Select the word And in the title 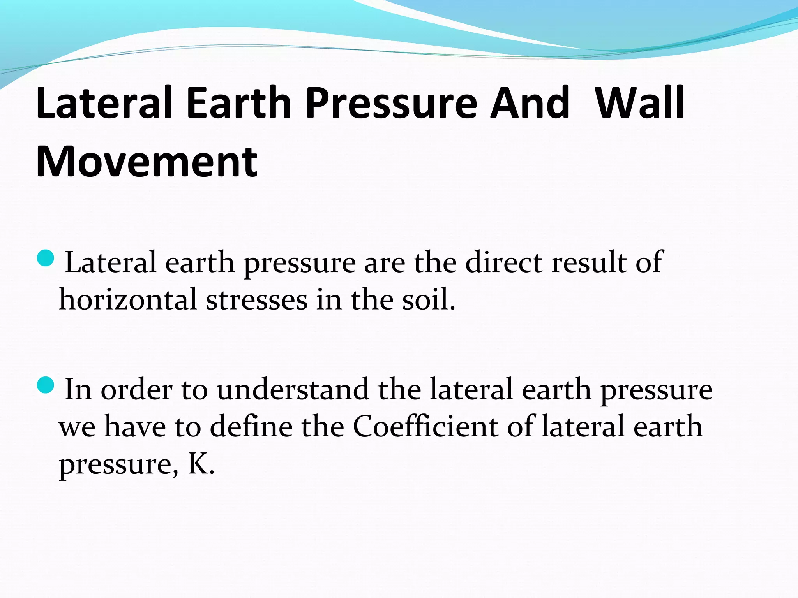530,103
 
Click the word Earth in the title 239,103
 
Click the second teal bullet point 46,385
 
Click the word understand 293,389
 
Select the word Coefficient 425,427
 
